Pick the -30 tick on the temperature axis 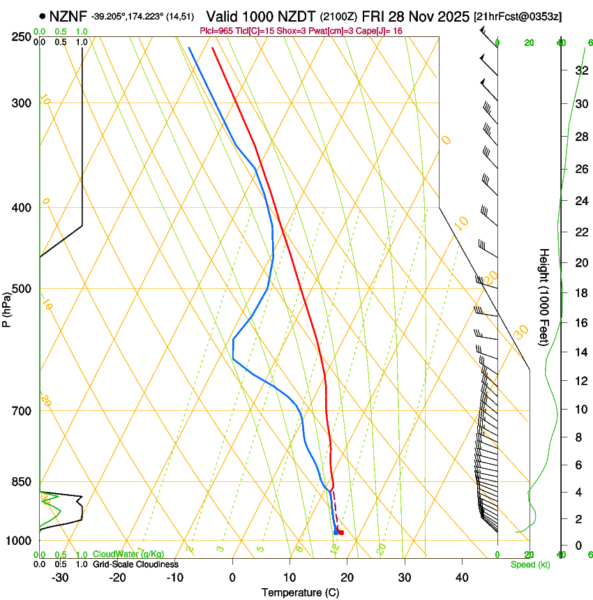[60, 578]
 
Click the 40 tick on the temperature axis [462, 578]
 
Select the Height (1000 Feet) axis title [544, 297]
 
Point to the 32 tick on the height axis [580, 70]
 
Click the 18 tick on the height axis [580, 293]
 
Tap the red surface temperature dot [341, 533]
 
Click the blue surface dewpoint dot [336, 532]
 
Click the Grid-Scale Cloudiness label [135, 564]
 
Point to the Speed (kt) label [530, 564]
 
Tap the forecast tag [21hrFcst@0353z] [518, 16]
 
